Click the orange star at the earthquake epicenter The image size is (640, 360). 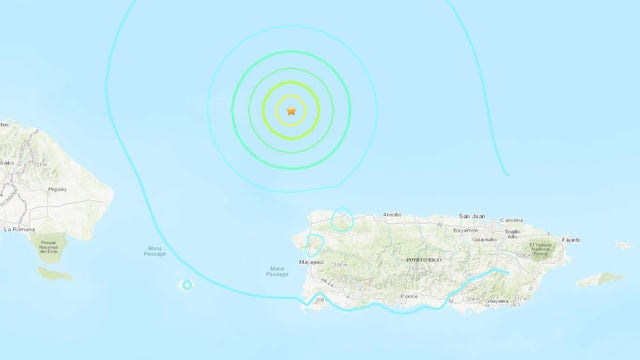pos(291,111)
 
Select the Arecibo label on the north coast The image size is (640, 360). pos(391,214)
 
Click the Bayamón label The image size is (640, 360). pos(466,230)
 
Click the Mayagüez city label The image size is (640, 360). pos(311,262)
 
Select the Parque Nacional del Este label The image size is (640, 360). pos(51,246)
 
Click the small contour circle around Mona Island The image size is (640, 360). pos(187,285)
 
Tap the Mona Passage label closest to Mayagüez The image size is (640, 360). pos(277,271)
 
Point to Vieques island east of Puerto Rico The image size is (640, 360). pos(601,279)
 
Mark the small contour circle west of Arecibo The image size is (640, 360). pos(342,218)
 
